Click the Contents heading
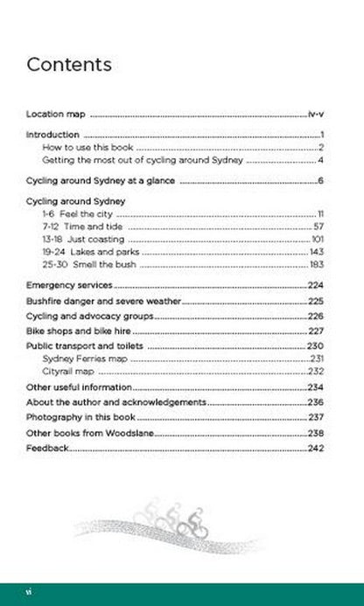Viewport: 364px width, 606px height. (69, 65)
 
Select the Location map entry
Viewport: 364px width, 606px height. (56, 114)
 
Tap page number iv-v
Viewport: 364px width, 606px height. (317, 114)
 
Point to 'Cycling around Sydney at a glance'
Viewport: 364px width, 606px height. (101, 181)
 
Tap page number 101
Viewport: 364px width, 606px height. (318, 239)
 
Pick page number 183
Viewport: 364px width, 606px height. (317, 264)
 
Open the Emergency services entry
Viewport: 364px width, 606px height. (69, 285)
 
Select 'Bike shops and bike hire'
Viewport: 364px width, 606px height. (80, 331)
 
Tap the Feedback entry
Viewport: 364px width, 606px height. (47, 449)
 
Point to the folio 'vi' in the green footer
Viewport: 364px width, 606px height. (30, 591)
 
